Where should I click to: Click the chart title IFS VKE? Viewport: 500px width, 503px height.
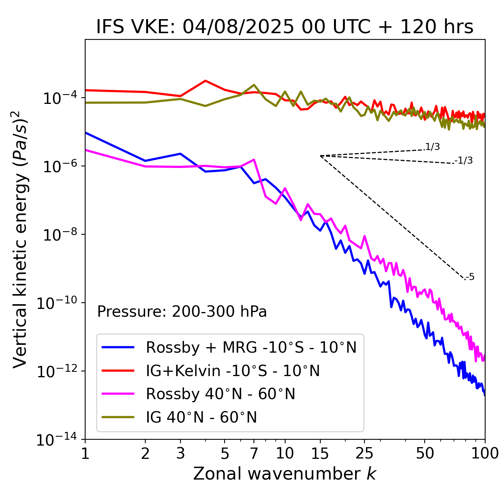point(285,27)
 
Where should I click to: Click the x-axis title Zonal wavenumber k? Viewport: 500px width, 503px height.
point(285,474)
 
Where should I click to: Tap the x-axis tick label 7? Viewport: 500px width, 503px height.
point(254,453)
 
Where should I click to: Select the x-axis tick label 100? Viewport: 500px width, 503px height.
point(485,453)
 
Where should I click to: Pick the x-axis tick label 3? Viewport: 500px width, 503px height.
point(180,453)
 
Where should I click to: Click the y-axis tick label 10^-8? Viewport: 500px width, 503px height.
point(59,234)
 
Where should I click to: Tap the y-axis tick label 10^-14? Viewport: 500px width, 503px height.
point(59,440)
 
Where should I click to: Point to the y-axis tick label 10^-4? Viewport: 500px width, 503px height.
point(59,98)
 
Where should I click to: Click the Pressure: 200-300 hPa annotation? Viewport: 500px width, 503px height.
point(182,312)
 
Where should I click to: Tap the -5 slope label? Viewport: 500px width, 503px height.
point(470,277)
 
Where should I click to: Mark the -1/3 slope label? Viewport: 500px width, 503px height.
point(464,160)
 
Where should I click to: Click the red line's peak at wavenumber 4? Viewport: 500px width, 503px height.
point(205,81)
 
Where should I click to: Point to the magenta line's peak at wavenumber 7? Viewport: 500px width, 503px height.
point(254,159)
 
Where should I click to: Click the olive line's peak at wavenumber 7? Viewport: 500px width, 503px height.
point(254,85)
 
